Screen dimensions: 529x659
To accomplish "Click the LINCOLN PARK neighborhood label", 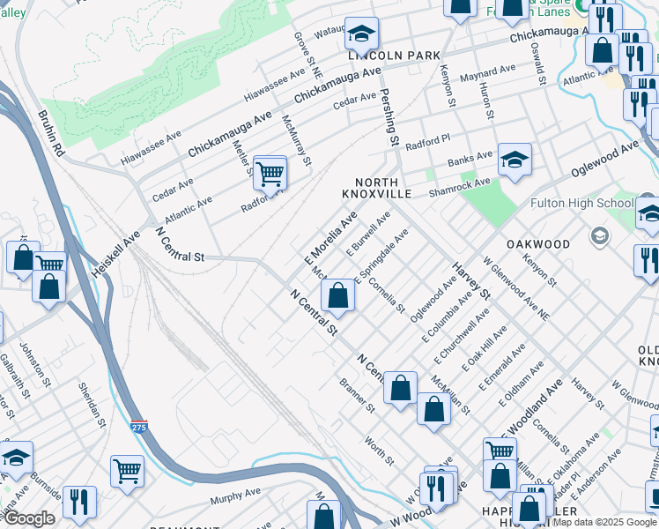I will [x=393, y=55].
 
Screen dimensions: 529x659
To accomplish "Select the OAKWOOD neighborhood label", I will [x=537, y=243].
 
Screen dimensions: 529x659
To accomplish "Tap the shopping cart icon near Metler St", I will [x=270, y=173].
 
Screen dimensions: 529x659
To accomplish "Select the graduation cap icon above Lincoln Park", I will [x=360, y=34].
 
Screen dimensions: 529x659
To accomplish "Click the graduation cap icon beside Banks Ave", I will [x=515, y=160].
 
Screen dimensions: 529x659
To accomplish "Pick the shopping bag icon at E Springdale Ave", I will [x=337, y=295].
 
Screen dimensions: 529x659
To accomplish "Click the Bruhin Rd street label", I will [x=52, y=133].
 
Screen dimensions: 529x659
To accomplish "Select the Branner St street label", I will [x=358, y=398].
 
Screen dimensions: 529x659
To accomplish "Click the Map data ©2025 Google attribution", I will [x=604, y=522].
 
